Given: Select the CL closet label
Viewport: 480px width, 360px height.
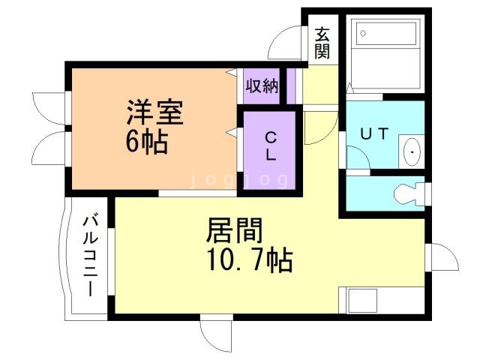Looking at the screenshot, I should click(x=271, y=147).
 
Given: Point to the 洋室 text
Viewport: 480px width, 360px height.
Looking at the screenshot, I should click(x=154, y=112).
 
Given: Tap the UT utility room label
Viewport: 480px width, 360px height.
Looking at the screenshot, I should click(x=374, y=134).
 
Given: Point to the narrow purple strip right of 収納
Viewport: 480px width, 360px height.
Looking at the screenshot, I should click(x=292, y=85).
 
